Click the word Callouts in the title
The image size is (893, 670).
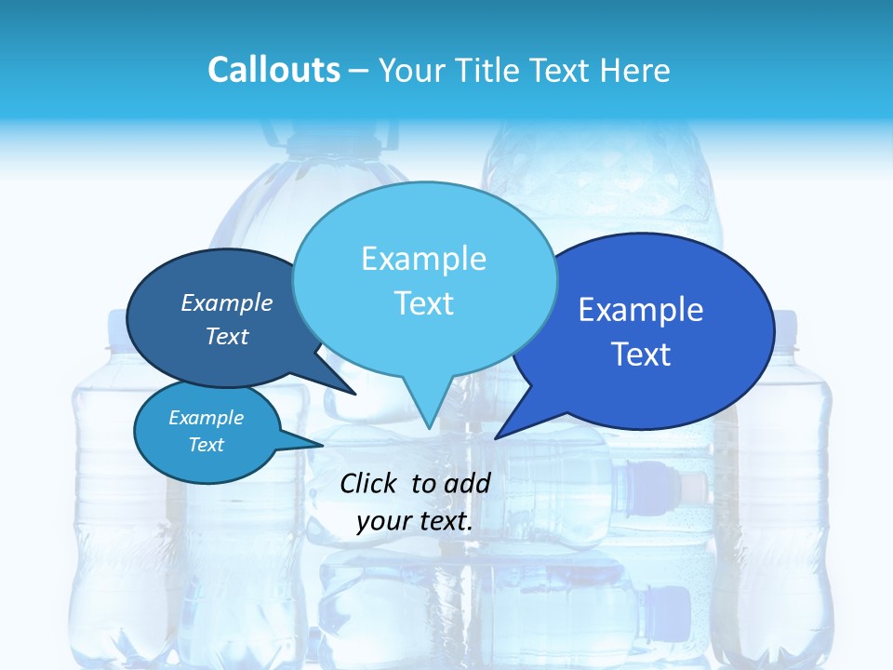pyautogui.click(x=273, y=70)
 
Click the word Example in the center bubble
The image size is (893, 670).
pyautogui.click(x=423, y=259)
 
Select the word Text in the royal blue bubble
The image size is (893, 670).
pyautogui.click(x=642, y=355)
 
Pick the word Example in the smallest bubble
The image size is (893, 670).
pyautogui.click(x=206, y=418)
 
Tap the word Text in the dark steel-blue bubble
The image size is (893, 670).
pyautogui.click(x=227, y=337)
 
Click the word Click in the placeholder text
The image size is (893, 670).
pyautogui.click(x=369, y=483)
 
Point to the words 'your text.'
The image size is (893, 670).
pyautogui.click(x=415, y=521)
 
